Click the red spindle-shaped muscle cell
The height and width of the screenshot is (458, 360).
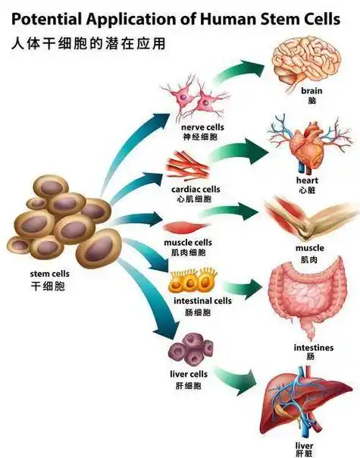click(x=182, y=226)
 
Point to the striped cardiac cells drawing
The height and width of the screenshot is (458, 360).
click(x=188, y=166)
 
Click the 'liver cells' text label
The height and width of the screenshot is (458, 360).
click(x=189, y=375)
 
